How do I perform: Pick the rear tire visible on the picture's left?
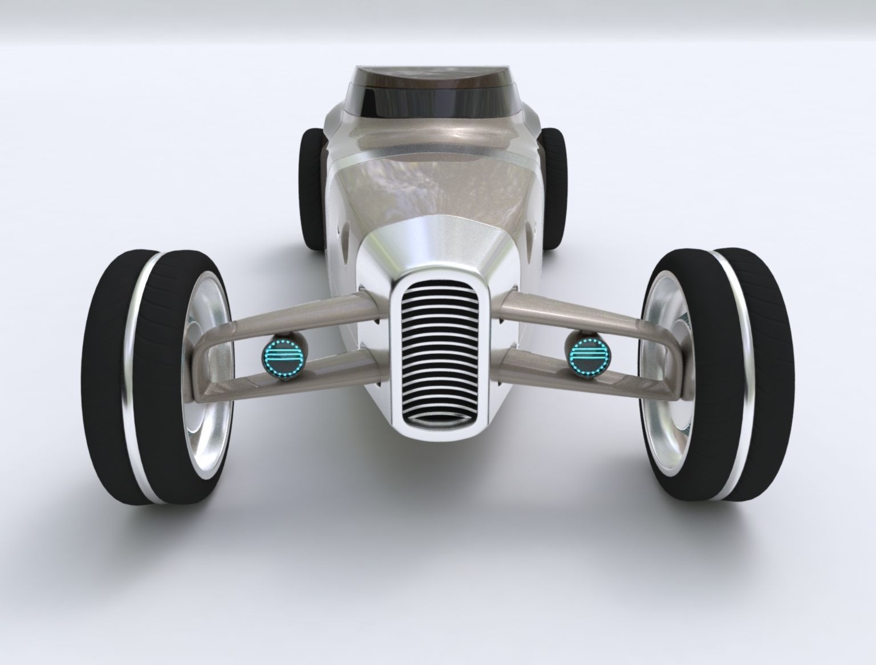pos(311,188)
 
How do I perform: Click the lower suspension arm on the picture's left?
pos(319,370)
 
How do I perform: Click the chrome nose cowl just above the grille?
pos(436,245)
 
